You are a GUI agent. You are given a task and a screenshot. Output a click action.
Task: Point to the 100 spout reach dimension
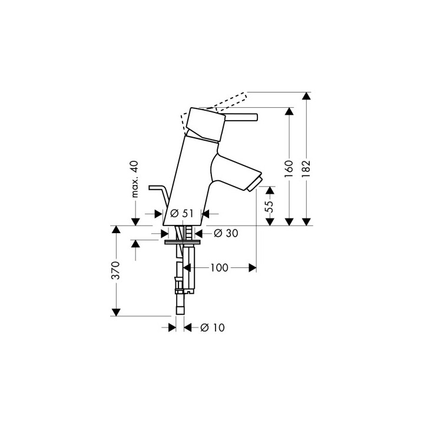click(x=218, y=268)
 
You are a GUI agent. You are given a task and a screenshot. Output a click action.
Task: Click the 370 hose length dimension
click(x=117, y=270)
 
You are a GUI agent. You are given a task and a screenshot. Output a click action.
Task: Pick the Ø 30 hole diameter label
click(x=226, y=233)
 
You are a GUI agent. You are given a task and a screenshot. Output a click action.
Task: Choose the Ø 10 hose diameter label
click(x=213, y=327)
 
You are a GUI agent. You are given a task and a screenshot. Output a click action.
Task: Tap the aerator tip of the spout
click(x=255, y=183)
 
